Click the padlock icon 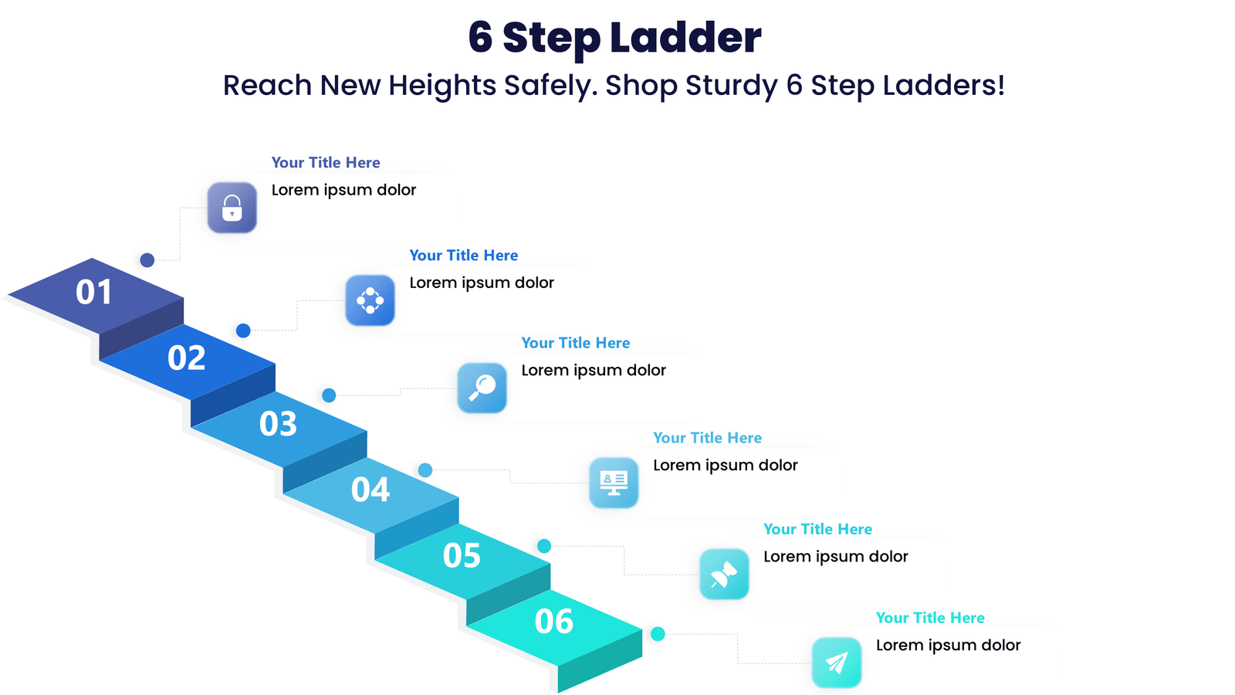pyautogui.click(x=232, y=208)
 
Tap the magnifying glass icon pyautogui.click(x=482, y=388)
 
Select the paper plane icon pyautogui.click(x=837, y=663)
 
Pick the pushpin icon pyautogui.click(x=724, y=574)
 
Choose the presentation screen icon pyautogui.click(x=614, y=483)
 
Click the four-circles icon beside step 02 pyautogui.click(x=370, y=300)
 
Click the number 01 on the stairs pyautogui.click(x=94, y=293)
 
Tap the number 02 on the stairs pyautogui.click(x=187, y=358)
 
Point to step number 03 pyautogui.click(x=278, y=424)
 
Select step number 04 pyautogui.click(x=370, y=490)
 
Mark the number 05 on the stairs pyautogui.click(x=462, y=556)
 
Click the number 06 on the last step pyautogui.click(x=554, y=622)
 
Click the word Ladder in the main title pyautogui.click(x=685, y=37)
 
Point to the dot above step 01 pyautogui.click(x=147, y=260)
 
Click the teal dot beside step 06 pyautogui.click(x=658, y=634)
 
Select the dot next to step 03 pyautogui.click(x=329, y=395)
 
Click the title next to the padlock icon pyautogui.click(x=326, y=163)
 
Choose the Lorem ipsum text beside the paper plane pyautogui.click(x=948, y=646)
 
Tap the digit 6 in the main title pyautogui.click(x=480, y=37)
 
